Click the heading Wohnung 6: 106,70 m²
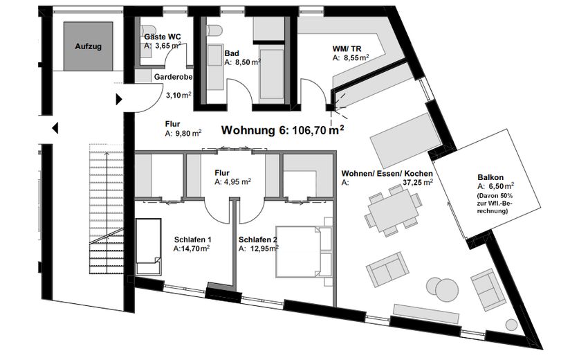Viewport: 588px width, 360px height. (x=282, y=129)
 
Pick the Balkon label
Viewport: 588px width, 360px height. (x=490, y=177)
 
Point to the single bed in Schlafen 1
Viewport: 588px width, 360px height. (x=147, y=246)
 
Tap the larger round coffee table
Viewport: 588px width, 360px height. (x=438, y=286)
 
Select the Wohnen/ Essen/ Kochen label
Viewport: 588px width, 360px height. (x=387, y=173)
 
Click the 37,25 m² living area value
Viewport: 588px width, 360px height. (x=418, y=183)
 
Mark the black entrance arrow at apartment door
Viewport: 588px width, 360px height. (x=120, y=100)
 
